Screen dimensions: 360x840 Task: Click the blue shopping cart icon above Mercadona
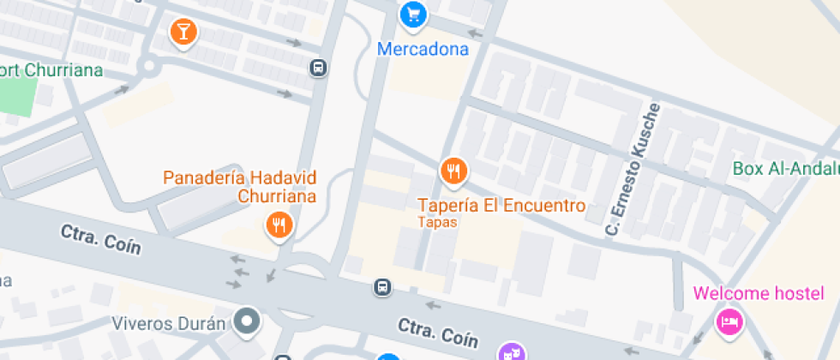point(414,15)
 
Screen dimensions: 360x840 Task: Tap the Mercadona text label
point(423,49)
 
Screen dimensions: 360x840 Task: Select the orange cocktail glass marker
point(183,33)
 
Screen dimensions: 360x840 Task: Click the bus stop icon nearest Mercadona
point(318,68)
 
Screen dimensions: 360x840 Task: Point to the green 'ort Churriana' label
point(51,70)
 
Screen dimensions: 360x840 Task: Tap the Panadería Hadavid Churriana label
point(240,187)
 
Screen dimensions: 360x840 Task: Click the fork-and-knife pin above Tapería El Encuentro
point(453,171)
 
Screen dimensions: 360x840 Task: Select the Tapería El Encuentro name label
point(501,206)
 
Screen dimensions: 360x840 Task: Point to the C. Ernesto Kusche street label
point(634,169)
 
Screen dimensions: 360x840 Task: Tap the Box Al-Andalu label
point(785,168)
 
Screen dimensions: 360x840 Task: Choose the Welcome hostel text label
point(759,294)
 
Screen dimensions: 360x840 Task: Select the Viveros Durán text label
point(168,324)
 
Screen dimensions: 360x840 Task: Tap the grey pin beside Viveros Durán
point(248,321)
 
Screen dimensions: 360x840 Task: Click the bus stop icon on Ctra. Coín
point(382,288)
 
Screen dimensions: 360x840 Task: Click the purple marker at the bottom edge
point(511,352)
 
